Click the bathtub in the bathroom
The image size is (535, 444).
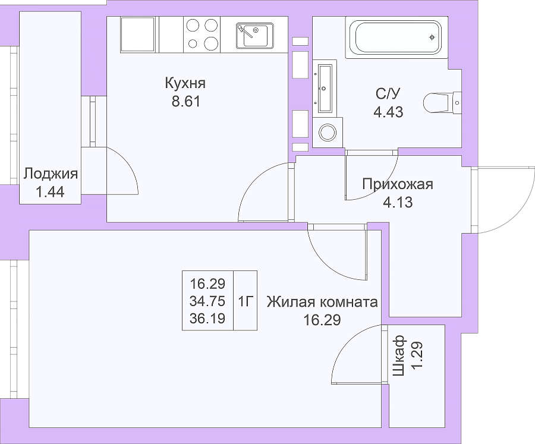tap(396, 37)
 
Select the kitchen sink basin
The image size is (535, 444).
tap(254, 35)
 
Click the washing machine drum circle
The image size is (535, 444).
tap(328, 133)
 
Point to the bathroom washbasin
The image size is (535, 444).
tap(325, 88)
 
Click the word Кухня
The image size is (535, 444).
tap(185, 83)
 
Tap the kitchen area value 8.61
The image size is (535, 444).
tap(186, 102)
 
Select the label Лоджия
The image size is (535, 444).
tap(51, 174)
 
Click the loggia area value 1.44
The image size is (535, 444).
tap(50, 192)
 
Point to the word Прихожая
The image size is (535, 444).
tap(398, 184)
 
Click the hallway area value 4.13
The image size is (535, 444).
tap(398, 202)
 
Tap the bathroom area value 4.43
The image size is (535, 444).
tap(388, 112)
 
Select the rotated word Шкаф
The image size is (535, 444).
tap(399, 355)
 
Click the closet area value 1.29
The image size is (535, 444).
tap(417, 355)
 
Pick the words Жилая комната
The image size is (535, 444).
tap(322, 302)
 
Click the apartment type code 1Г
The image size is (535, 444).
tap(245, 301)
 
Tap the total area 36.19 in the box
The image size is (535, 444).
tap(207, 319)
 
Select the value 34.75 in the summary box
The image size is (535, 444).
tap(207, 301)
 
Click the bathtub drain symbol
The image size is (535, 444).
tap(432, 37)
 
